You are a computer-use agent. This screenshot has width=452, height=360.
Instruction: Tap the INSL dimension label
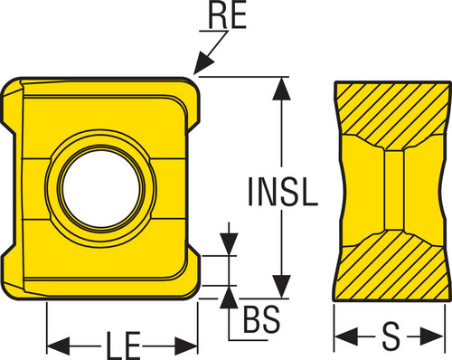pyautogui.click(x=282, y=192)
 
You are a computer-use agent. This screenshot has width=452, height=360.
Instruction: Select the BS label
pyautogui.click(x=261, y=319)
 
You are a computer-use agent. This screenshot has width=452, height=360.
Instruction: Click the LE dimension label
pyautogui.click(x=123, y=346)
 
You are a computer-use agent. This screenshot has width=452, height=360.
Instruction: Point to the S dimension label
pyautogui.click(x=391, y=336)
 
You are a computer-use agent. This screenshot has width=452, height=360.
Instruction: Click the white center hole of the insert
pyautogui.click(x=101, y=188)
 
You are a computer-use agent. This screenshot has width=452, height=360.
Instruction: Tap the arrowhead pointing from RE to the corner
pyautogui.click(x=203, y=63)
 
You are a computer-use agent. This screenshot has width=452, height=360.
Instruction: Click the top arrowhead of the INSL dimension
pyautogui.click(x=281, y=89)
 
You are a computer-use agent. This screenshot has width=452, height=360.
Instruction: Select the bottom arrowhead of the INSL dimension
pyautogui.click(x=281, y=287)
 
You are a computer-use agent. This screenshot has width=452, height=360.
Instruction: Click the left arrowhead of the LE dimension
pyautogui.click(x=59, y=346)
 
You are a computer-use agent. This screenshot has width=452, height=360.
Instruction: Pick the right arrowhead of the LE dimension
pyautogui.click(x=186, y=346)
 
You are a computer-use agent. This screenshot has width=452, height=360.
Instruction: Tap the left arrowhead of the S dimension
pyautogui.click(x=346, y=336)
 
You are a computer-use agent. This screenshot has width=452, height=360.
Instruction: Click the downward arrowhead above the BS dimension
pyautogui.click(x=229, y=244)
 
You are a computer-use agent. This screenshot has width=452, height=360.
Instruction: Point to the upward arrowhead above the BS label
pyautogui.click(x=229, y=297)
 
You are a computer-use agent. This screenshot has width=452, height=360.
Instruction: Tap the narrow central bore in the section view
pyautogui.click(x=393, y=190)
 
